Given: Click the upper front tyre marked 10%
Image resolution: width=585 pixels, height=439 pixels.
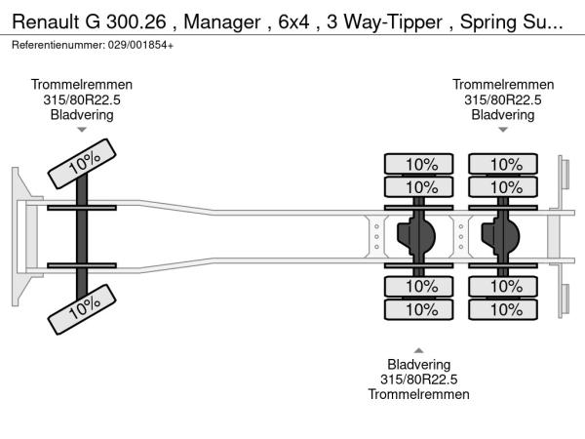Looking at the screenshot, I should [83, 162].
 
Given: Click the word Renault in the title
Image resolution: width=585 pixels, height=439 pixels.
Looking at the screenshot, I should [49, 20].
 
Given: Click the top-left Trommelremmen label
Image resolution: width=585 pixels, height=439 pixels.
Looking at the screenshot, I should [82, 85].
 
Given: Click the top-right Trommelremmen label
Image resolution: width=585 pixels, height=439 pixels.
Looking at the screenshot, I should [502, 85].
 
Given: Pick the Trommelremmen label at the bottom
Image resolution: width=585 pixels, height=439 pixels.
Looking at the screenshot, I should [418, 394].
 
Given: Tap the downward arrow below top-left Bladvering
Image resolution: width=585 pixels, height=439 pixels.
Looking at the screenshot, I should [82, 130].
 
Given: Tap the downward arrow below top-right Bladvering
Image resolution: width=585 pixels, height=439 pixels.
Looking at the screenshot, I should [502, 130].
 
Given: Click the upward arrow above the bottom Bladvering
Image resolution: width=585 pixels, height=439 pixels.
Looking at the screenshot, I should [418, 350].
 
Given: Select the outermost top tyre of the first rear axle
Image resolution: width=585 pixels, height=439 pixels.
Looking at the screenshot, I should [420, 164].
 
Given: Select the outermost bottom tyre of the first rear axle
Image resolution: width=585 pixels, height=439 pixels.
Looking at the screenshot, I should [420, 309].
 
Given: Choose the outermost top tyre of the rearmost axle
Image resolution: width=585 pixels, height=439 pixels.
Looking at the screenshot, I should [504, 164].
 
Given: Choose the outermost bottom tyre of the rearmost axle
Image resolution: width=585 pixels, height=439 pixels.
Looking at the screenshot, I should [504, 309].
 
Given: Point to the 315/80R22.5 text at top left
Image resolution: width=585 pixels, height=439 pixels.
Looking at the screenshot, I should [82, 100].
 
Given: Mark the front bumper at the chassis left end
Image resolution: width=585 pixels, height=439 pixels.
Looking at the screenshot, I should [19, 236].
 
